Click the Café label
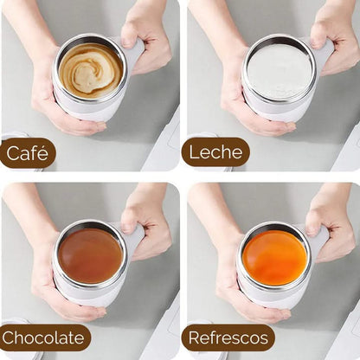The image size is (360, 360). (27, 153)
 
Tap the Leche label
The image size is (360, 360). (215, 152)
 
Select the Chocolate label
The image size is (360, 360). (44, 337)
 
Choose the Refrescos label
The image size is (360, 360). (228, 337)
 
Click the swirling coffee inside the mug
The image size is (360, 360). (90, 68)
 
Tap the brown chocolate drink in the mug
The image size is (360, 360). (90, 254)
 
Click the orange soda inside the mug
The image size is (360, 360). (275, 256)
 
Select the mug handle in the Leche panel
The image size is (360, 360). (323, 54)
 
